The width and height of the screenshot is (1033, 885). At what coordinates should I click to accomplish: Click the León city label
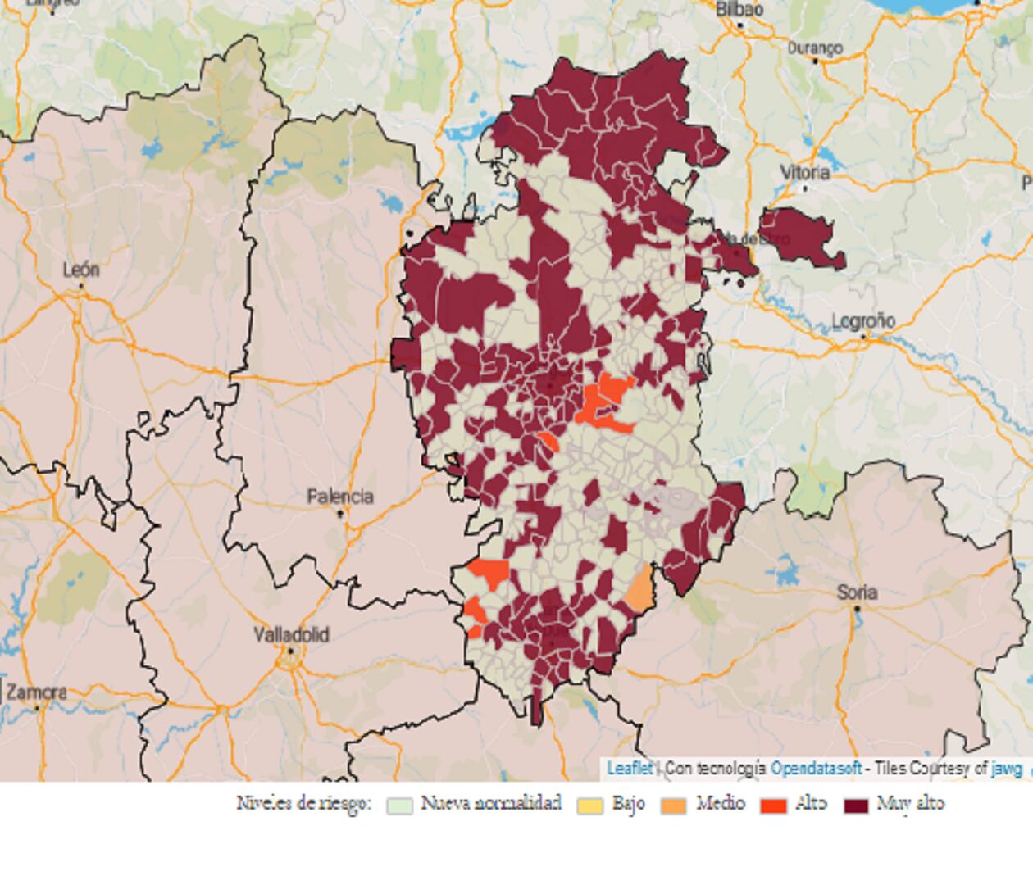point(81,270)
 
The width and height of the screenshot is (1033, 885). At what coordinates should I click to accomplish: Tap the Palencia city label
point(339,497)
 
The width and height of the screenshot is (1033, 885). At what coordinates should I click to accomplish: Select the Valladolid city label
point(291,635)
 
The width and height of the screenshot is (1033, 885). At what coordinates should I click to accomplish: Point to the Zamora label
point(36,692)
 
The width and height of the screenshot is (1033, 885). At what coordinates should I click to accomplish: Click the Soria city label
point(857,592)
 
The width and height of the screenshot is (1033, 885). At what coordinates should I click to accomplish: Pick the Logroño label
point(863,321)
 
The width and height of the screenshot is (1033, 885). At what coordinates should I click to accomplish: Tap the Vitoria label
point(804,173)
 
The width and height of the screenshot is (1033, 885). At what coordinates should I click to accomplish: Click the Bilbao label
point(739,10)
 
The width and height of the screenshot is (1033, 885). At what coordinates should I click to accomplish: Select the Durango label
point(815,48)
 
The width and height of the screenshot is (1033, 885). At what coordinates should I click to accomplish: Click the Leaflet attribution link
point(629,769)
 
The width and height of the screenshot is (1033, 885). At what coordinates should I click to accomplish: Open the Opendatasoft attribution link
point(816,769)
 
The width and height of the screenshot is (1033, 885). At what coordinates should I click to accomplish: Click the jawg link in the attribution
point(1007,769)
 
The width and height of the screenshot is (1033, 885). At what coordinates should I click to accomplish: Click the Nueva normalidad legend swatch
point(399,805)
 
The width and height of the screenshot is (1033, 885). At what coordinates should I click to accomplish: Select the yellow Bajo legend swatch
point(589,805)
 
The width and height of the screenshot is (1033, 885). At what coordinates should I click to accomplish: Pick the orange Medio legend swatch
point(674,805)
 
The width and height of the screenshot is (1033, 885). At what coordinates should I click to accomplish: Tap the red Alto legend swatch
point(773,805)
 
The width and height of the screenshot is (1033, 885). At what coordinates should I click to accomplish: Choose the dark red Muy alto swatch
point(856,805)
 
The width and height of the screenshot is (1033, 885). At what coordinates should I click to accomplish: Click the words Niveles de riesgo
point(303,803)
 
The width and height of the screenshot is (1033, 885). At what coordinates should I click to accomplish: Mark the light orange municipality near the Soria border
point(639,588)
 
